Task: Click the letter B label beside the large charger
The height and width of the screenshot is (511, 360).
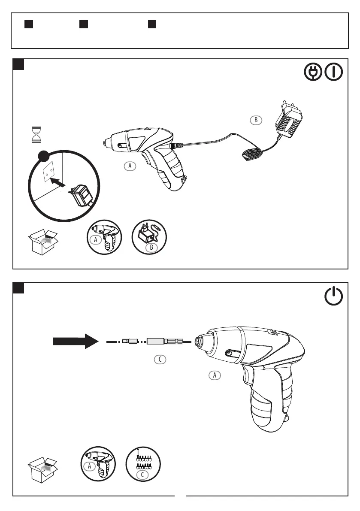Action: coord(256,120)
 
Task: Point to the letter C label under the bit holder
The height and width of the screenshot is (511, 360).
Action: coord(160,360)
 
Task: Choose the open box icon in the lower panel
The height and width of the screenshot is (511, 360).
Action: coord(43,469)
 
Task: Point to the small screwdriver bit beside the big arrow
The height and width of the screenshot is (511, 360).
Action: coord(129,342)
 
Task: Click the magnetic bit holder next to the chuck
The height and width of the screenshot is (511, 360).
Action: coord(164,342)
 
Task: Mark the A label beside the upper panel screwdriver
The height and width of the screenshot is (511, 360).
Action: coord(129,166)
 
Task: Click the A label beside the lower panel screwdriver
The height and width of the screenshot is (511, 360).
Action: coord(215,375)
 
